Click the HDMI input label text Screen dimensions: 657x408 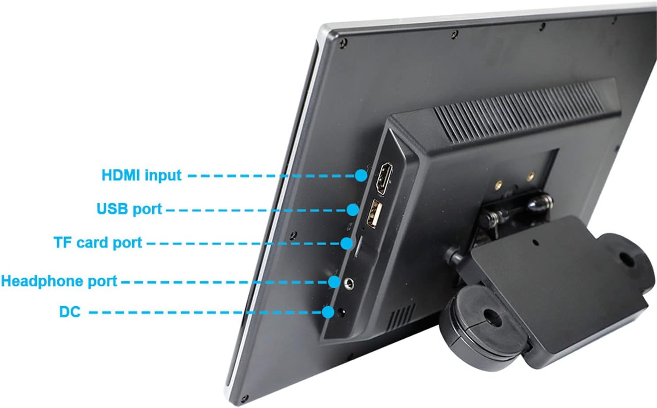pyautogui.click(x=142, y=175)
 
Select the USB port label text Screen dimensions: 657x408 pyautogui.click(x=129, y=209)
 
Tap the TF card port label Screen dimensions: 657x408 pyautogui.click(x=98, y=243)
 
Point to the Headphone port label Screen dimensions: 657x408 pyautogui.click(x=59, y=281)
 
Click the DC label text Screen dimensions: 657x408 pyautogui.click(x=70, y=312)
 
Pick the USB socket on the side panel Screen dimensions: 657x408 pyautogui.click(x=374, y=214)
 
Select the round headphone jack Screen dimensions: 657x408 pyautogui.click(x=348, y=284)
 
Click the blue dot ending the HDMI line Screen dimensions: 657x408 pyautogui.click(x=361, y=175)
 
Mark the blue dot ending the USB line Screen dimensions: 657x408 pyautogui.click(x=352, y=210)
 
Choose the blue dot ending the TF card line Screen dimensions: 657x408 pyautogui.click(x=347, y=243)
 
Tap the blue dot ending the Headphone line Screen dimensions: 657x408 pyautogui.click(x=335, y=282)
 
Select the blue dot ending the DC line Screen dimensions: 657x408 pyautogui.click(x=328, y=312)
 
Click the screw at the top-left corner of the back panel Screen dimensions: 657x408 pyautogui.click(x=343, y=43)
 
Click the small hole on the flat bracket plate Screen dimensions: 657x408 pyautogui.click(x=535, y=243)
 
